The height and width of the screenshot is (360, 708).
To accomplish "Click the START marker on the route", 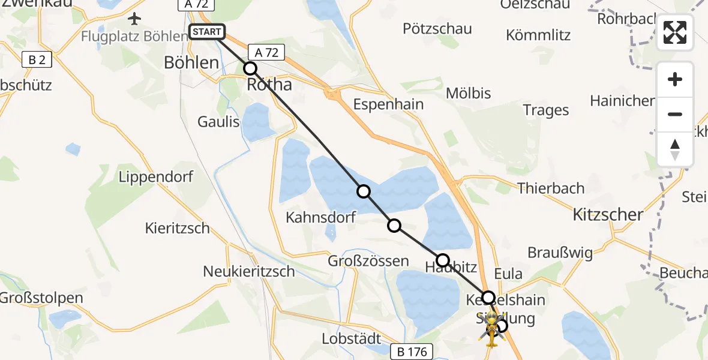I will pyautogui.click(x=207, y=32).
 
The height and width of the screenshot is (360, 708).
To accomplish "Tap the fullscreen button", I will pyautogui.click(x=675, y=32).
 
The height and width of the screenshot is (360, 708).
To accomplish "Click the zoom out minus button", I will pyautogui.click(x=675, y=114).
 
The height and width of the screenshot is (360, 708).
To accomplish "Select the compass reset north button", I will pyautogui.click(x=675, y=149).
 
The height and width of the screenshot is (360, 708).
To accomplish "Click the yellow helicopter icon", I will pyautogui.click(x=492, y=331).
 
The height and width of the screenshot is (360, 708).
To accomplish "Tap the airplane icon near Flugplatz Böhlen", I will pyautogui.click(x=134, y=19).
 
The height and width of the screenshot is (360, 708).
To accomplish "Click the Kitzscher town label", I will pyautogui.click(x=608, y=214).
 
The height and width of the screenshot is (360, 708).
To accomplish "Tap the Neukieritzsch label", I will pyautogui.click(x=249, y=271).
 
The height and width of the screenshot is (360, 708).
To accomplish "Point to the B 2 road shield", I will pyautogui.click(x=37, y=59).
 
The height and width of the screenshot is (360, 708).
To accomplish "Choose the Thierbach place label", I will pyautogui.click(x=551, y=188).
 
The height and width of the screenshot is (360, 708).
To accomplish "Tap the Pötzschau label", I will pyautogui.click(x=437, y=29).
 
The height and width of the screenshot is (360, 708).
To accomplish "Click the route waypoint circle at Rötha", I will pyautogui.click(x=250, y=68).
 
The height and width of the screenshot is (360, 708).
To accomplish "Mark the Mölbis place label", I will pyautogui.click(x=469, y=93).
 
